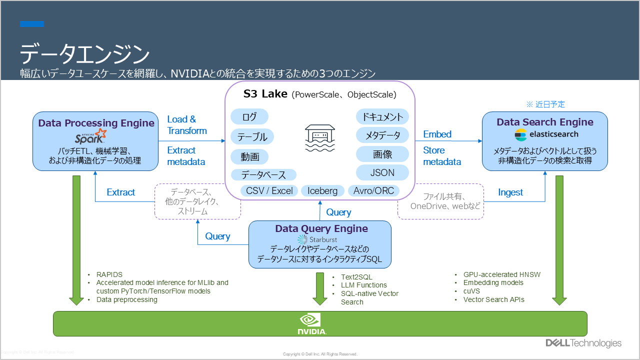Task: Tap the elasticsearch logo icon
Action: (520, 135)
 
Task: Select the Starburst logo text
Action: (323, 239)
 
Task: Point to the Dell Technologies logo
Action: (583, 343)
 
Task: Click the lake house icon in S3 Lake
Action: (319, 137)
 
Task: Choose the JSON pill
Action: (382, 172)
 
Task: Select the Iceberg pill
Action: (322, 191)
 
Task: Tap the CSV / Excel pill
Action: (269, 191)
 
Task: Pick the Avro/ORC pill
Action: (373, 191)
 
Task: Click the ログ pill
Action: (249, 116)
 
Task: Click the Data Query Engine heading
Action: (321, 228)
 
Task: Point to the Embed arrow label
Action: (437, 134)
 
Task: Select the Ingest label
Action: (510, 192)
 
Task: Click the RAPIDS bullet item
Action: (109, 274)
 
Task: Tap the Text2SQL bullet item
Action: (356, 277)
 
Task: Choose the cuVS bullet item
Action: (471, 291)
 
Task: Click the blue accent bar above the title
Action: (32, 24)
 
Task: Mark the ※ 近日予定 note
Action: (545, 104)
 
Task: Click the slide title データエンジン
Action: (84, 53)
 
